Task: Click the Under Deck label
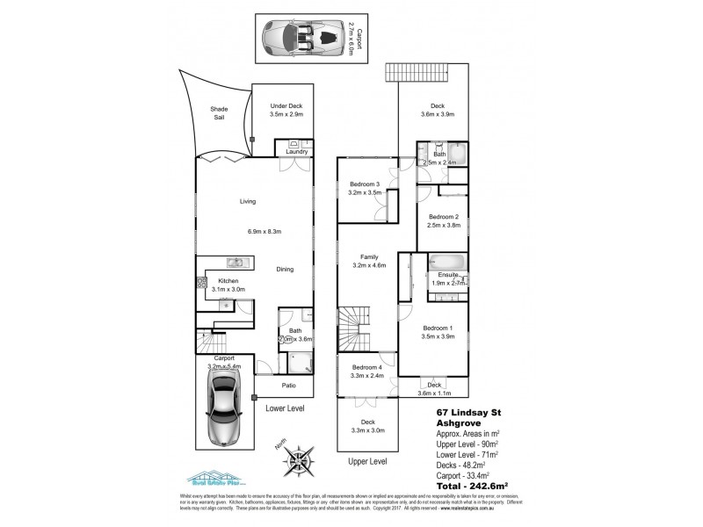[x=286, y=105]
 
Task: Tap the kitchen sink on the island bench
[x=235, y=261]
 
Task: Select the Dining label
[x=285, y=270]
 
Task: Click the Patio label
[x=287, y=386]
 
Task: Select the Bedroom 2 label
[x=444, y=216]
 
